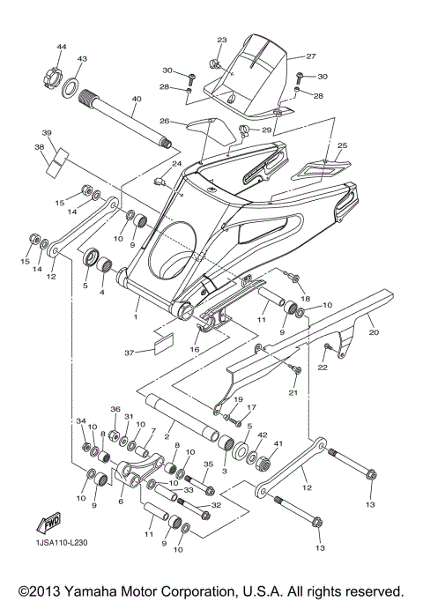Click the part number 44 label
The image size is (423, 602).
coord(62,46)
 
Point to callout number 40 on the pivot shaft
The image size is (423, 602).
coord(136,100)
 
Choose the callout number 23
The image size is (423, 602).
coord(221,41)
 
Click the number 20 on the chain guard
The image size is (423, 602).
coord(373,334)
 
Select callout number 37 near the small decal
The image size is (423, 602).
coord(129,353)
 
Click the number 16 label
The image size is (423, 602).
coord(195,349)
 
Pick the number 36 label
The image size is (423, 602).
coord(115,410)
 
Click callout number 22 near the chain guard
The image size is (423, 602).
coord(322,368)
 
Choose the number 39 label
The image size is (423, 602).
coord(48,133)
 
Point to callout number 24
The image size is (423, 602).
coord(177,164)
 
